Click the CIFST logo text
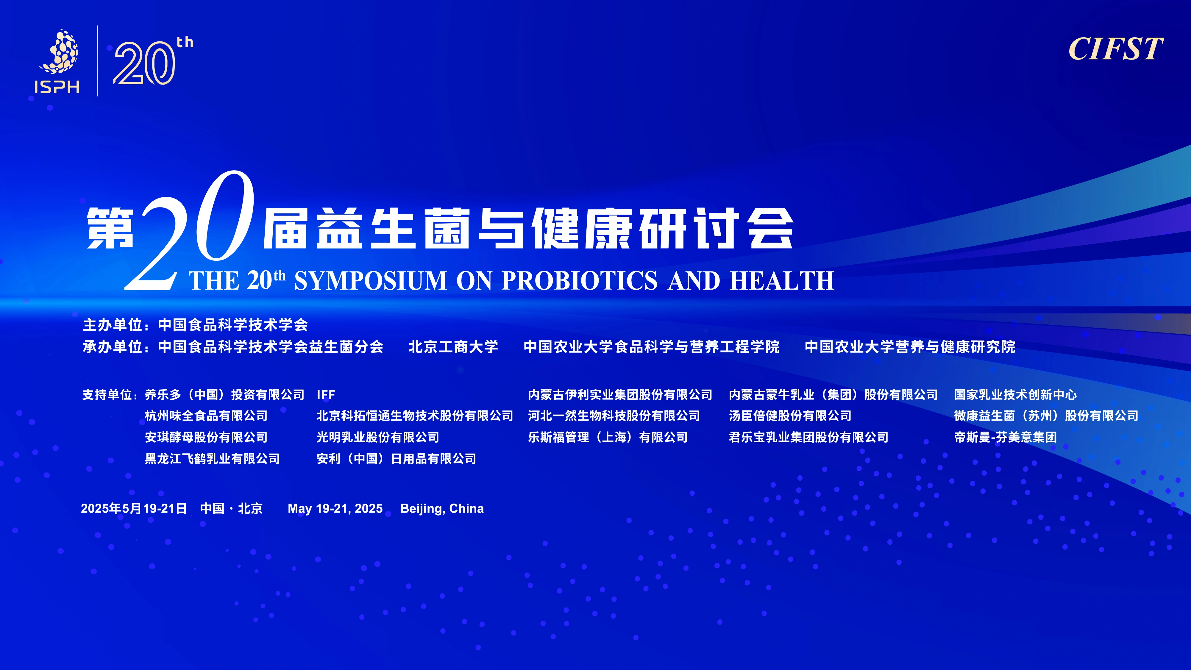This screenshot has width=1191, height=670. tap(1116, 49)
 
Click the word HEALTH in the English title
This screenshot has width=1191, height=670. tap(782, 281)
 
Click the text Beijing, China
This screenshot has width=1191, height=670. tap(442, 509)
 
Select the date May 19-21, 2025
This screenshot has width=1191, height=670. tap(335, 509)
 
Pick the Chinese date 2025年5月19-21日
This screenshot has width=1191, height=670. tap(134, 509)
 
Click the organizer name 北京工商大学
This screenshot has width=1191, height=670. tap(453, 347)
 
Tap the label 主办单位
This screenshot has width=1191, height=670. tap(112, 325)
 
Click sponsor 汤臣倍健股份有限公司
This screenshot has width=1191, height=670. tap(790, 416)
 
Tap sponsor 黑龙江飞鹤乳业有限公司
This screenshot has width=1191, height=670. tap(212, 459)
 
